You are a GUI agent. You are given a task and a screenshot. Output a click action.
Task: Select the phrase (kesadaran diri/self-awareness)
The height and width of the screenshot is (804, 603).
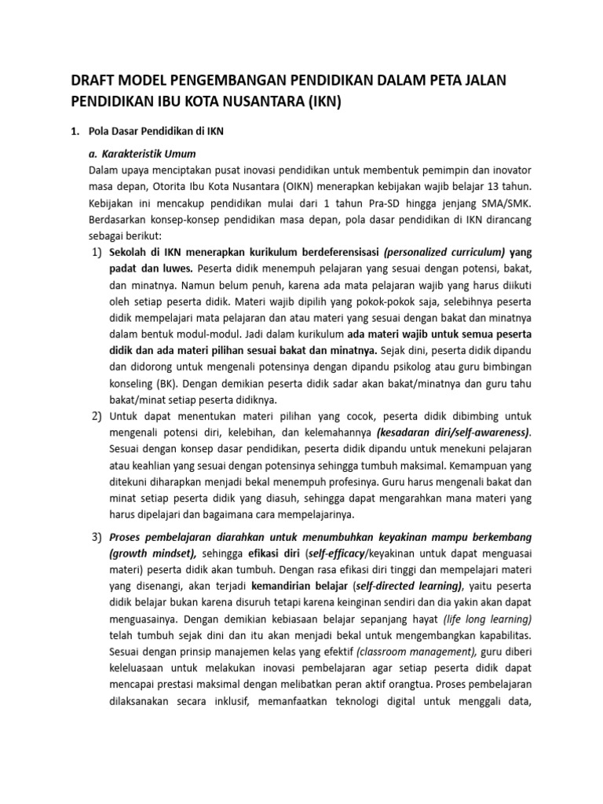coord(453,433)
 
